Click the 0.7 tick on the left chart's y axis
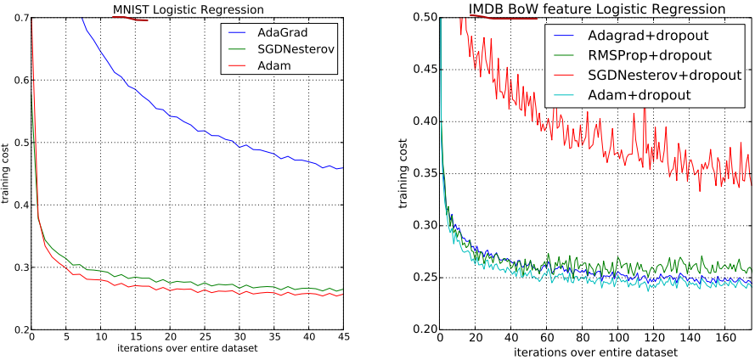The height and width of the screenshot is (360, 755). (19, 17)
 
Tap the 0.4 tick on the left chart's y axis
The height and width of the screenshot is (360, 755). (19, 205)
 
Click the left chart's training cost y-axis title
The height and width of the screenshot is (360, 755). (6, 174)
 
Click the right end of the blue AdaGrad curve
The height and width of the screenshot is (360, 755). (342, 167)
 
